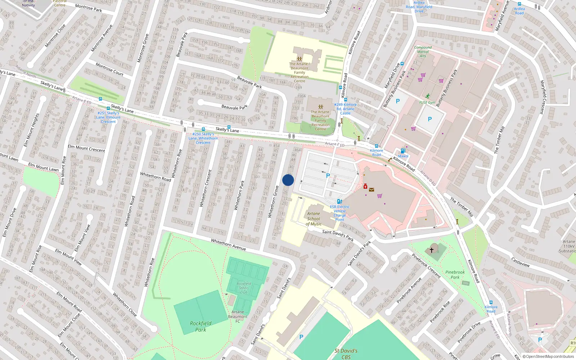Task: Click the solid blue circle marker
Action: pyautogui.click(x=288, y=180)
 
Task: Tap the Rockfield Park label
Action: pyautogui.click(x=201, y=326)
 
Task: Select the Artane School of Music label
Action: pyautogui.click(x=314, y=219)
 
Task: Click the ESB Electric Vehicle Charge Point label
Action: pyautogui.click(x=339, y=213)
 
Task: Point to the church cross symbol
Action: pyautogui.click(x=431, y=249)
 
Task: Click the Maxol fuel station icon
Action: pyautogui.click(x=403, y=151)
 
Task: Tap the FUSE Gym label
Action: pyautogui.click(x=427, y=103)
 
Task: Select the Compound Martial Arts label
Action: pyautogui.click(x=423, y=51)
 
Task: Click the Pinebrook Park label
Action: pyautogui.click(x=455, y=275)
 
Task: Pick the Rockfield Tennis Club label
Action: pyautogui.click(x=244, y=288)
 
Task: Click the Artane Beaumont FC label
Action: pyautogui.click(x=238, y=316)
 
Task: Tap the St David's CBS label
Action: pyautogui.click(x=346, y=354)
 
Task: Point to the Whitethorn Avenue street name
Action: pyautogui.click(x=228, y=244)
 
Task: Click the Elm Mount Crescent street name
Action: pyautogui.click(x=86, y=148)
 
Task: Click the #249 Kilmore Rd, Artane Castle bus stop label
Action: pyautogui.click(x=345, y=109)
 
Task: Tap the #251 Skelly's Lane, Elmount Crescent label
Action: pyautogui.click(x=108, y=117)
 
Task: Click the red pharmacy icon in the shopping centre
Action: pyautogui.click(x=365, y=186)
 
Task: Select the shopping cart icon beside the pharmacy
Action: pyautogui.click(x=379, y=196)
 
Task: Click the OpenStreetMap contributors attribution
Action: pyautogui.click(x=548, y=356)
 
